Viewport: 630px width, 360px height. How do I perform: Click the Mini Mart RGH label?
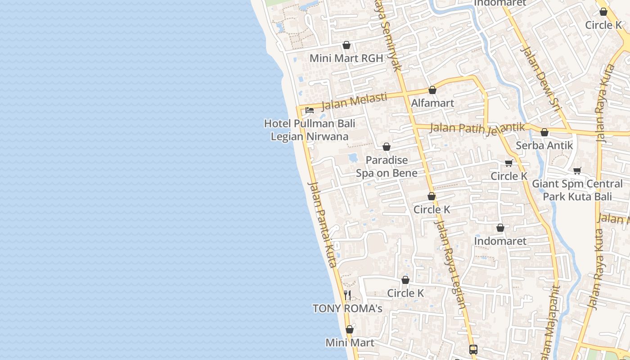tap(346, 58)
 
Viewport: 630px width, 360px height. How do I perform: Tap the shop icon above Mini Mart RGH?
tap(346, 45)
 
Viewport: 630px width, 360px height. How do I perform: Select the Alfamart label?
tap(432, 103)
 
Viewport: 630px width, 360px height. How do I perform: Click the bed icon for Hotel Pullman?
tap(310, 110)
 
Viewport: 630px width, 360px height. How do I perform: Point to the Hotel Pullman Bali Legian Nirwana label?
tap(310, 130)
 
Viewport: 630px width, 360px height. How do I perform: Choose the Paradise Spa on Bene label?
tap(387, 166)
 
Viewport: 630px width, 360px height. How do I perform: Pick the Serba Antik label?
tap(544, 145)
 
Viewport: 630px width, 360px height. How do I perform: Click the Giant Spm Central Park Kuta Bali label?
tap(577, 190)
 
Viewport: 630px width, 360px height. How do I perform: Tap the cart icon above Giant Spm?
tap(577, 171)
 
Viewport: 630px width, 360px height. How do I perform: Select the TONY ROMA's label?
tap(347, 308)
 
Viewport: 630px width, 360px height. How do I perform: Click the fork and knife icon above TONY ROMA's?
tap(347, 295)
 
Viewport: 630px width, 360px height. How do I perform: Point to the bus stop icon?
tap(473, 349)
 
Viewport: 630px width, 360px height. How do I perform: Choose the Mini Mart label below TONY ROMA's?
tap(350, 342)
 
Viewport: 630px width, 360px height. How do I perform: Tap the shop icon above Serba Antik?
tap(544, 132)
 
